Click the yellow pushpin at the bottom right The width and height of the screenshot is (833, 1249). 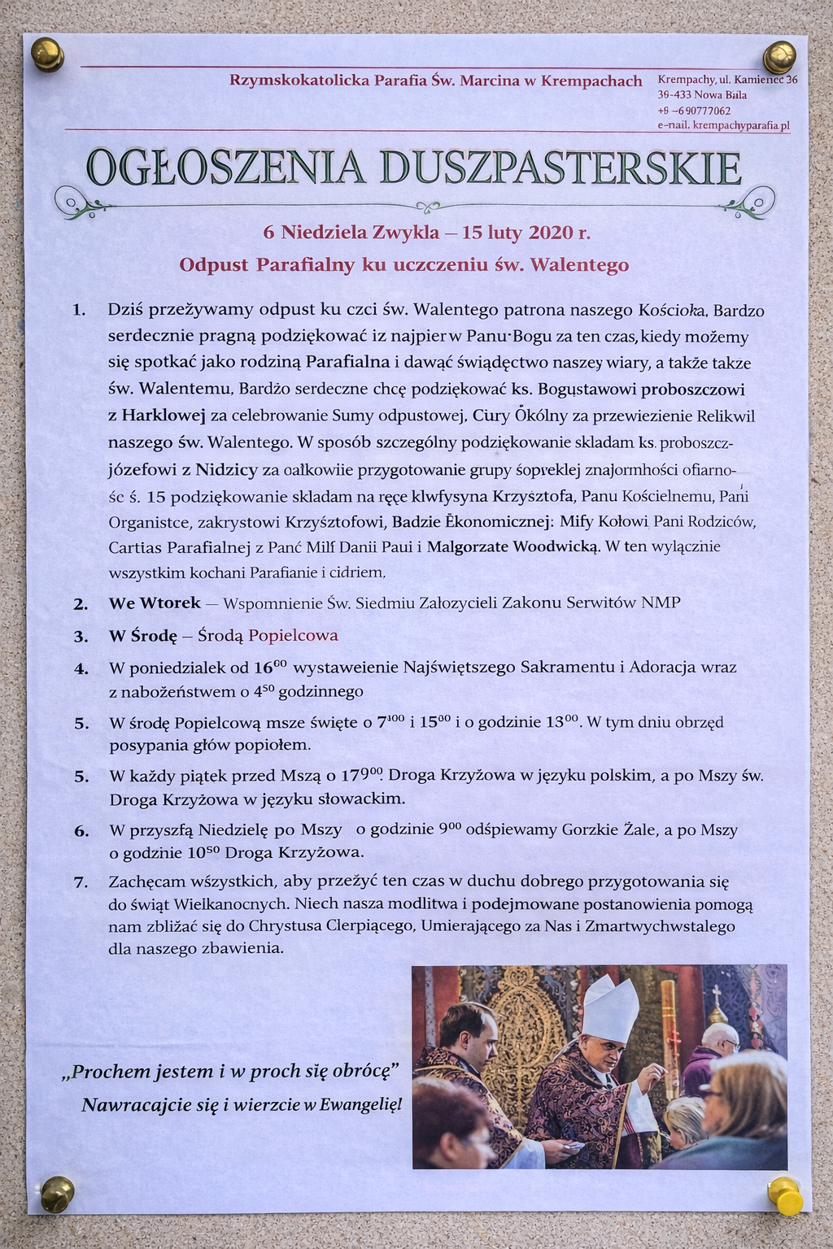(x=785, y=1195)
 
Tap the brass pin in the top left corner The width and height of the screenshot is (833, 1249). (x=47, y=54)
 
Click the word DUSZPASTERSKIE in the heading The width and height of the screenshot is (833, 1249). (x=560, y=168)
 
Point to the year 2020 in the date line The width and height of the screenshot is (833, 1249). (x=551, y=233)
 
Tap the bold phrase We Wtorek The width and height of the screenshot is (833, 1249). (x=155, y=603)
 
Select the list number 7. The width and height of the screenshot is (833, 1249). (x=81, y=882)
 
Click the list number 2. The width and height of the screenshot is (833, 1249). (x=81, y=604)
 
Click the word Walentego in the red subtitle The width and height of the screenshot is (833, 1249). (x=579, y=265)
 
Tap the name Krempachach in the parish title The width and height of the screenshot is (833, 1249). (x=591, y=81)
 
